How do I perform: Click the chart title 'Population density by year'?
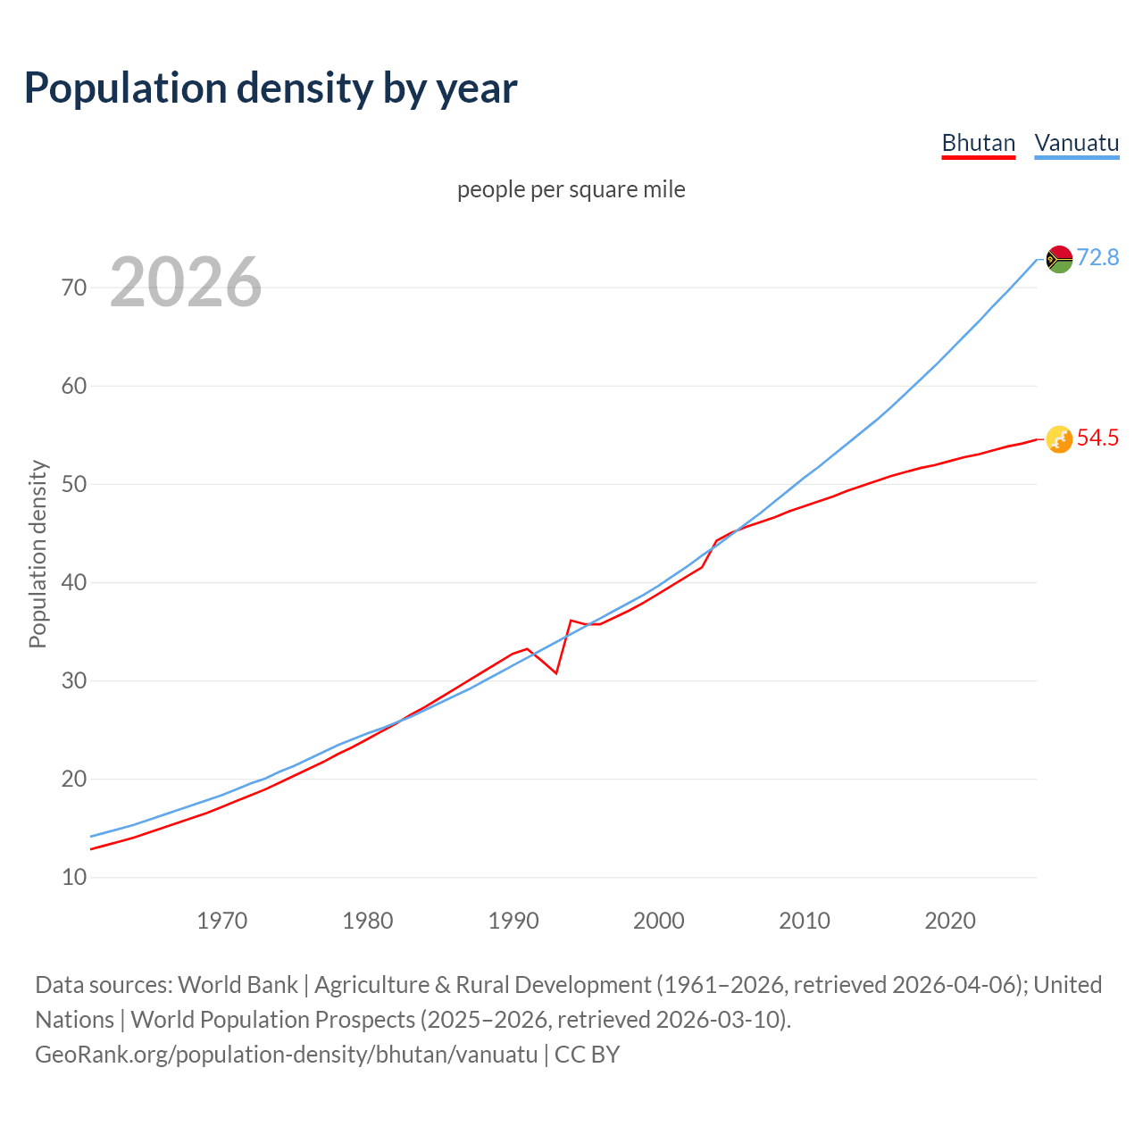pyautogui.click(x=271, y=88)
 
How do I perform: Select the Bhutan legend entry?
pyautogui.click(x=979, y=143)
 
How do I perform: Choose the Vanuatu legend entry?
pyautogui.click(x=1076, y=143)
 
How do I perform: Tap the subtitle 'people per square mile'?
pyautogui.click(x=571, y=189)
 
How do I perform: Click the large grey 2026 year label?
pyautogui.click(x=186, y=282)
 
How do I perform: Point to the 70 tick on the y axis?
pyautogui.click(x=74, y=288)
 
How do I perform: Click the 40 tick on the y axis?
pyautogui.click(x=74, y=582)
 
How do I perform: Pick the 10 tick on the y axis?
pyautogui.click(x=74, y=877)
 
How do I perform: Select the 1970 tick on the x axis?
pyautogui.click(x=221, y=921)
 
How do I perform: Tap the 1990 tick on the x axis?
pyautogui.click(x=513, y=921)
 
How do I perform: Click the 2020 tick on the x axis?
pyautogui.click(x=950, y=921)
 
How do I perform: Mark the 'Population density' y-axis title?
pyautogui.click(x=38, y=554)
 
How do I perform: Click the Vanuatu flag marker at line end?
pyautogui.click(x=1059, y=259)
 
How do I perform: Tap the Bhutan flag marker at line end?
pyautogui.click(x=1059, y=439)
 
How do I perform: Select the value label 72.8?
pyautogui.click(x=1097, y=258)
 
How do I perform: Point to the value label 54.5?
pyautogui.click(x=1097, y=438)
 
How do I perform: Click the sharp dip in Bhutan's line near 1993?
pyautogui.click(x=556, y=672)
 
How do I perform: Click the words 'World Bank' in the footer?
pyautogui.click(x=238, y=985)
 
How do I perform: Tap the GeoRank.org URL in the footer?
pyautogui.click(x=286, y=1055)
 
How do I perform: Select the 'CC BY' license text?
pyautogui.click(x=587, y=1055)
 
